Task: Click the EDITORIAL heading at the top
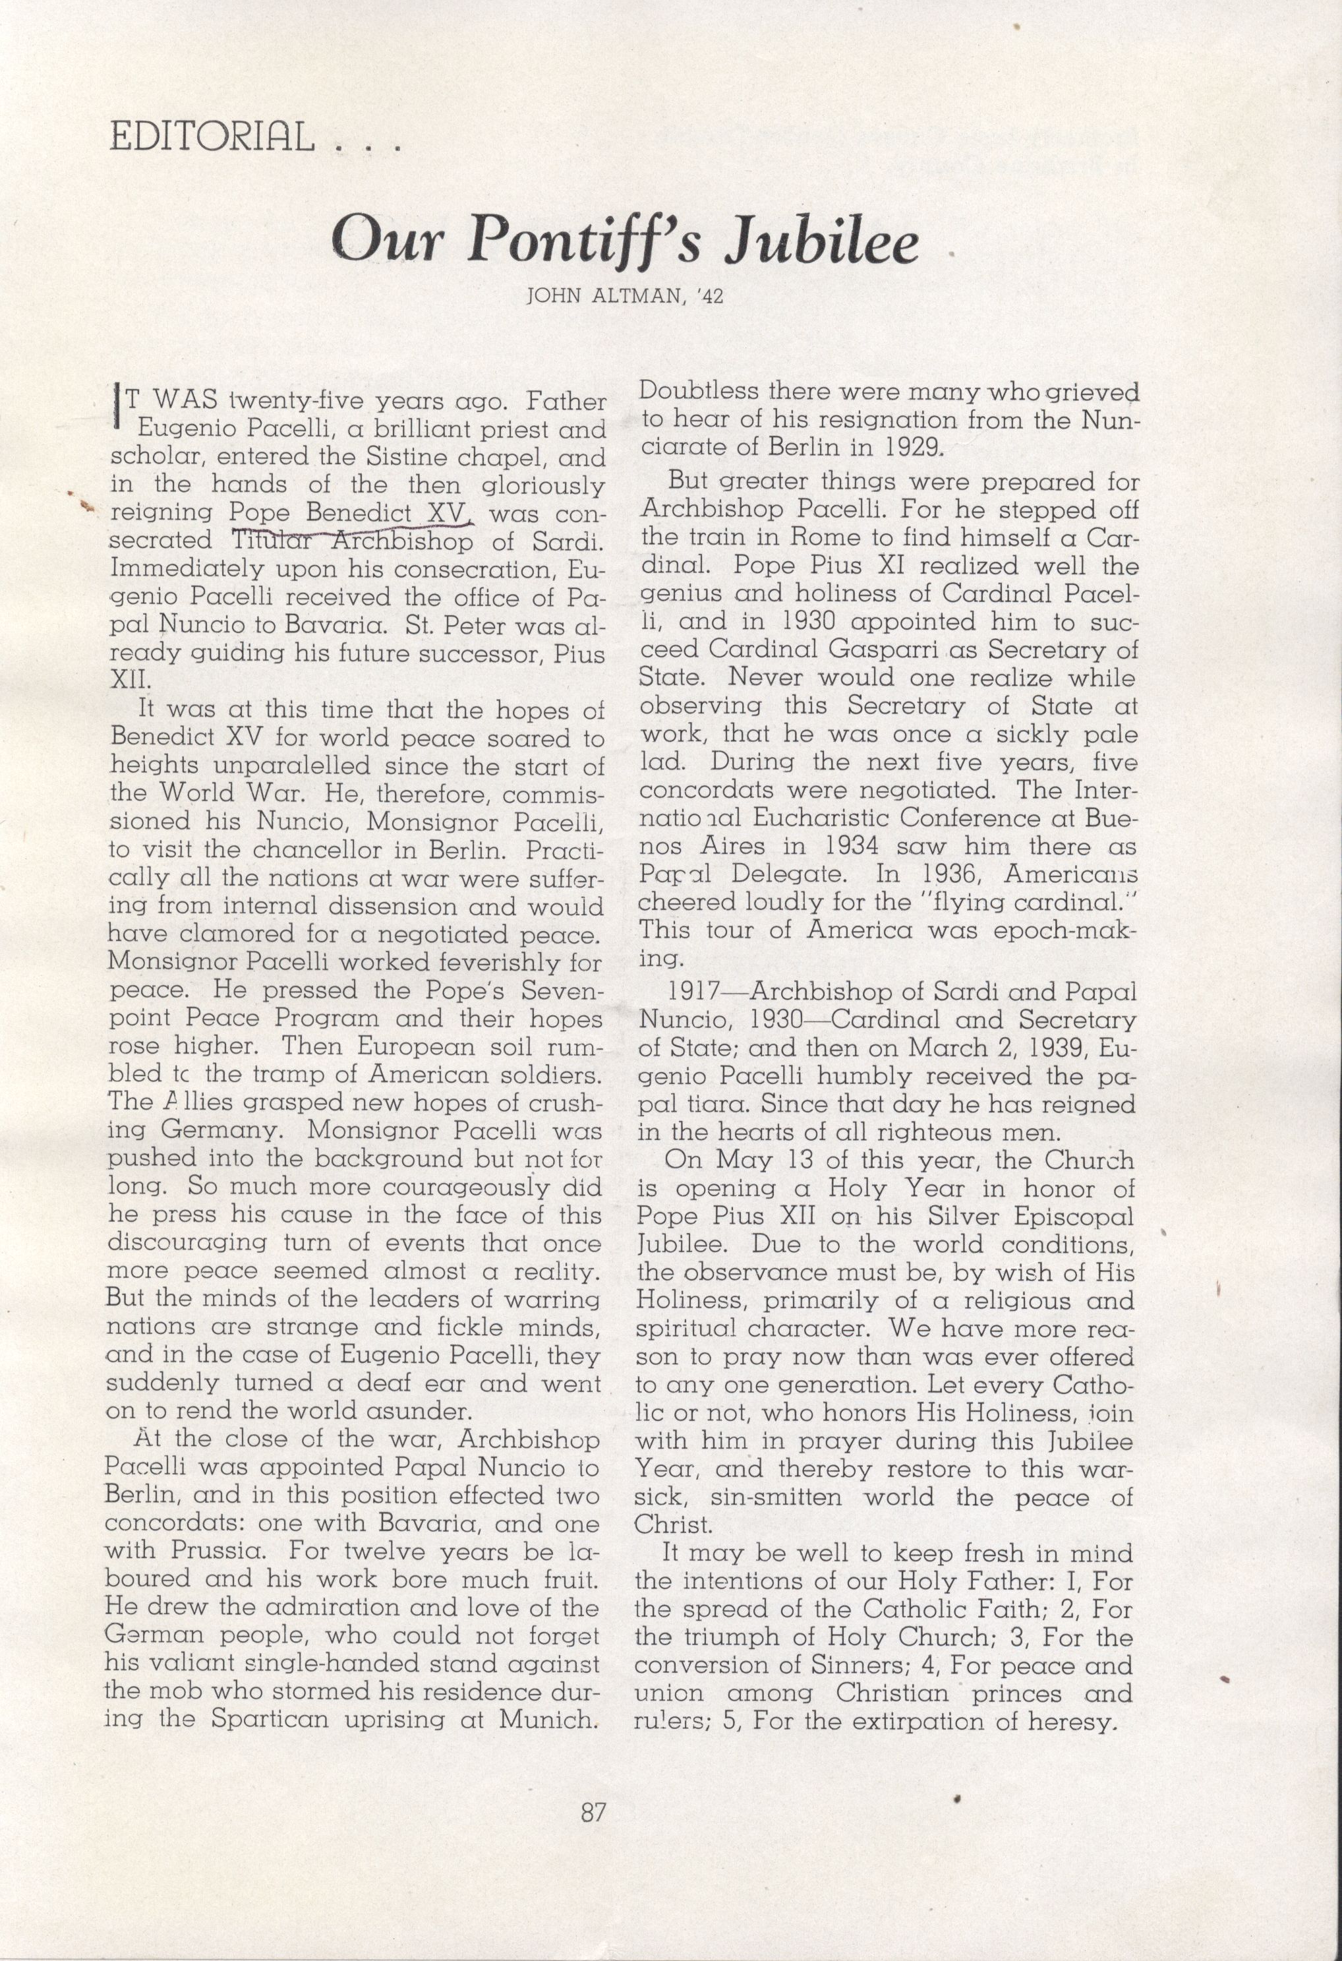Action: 212,135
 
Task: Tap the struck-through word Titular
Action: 274,541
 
